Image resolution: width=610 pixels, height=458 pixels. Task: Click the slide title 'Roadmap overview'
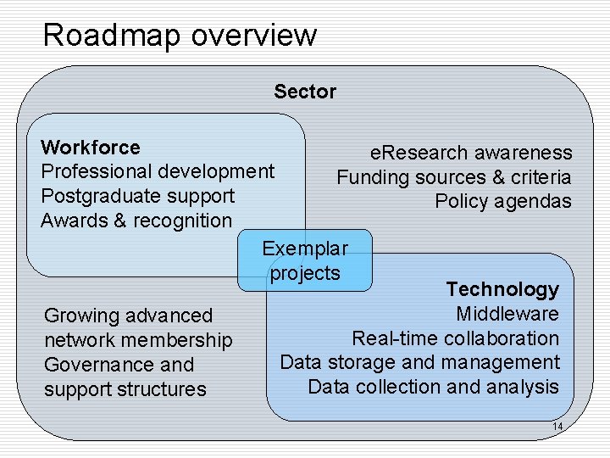click(x=180, y=36)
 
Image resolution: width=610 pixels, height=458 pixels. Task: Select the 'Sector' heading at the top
click(x=305, y=92)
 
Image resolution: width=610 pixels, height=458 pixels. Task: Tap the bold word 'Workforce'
click(x=91, y=148)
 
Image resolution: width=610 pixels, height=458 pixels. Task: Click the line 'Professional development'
click(x=158, y=171)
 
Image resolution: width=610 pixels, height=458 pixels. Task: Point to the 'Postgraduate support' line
click(x=137, y=196)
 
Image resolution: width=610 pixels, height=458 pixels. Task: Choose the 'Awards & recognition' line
click(x=136, y=221)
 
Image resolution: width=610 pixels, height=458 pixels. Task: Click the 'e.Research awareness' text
click(x=471, y=153)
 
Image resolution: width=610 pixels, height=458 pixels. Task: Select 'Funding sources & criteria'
click(x=454, y=177)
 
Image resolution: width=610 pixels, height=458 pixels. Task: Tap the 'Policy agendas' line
click(x=503, y=202)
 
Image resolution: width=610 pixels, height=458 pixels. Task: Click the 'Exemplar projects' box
click(x=305, y=260)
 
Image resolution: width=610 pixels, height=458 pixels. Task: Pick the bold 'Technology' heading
click(x=502, y=289)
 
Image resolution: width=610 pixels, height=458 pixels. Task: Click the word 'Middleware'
click(x=507, y=314)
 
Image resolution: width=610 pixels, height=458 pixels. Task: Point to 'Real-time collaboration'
click(x=455, y=338)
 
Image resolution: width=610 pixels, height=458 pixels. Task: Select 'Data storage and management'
click(x=419, y=362)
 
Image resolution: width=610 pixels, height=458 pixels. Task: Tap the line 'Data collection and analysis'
click(x=433, y=387)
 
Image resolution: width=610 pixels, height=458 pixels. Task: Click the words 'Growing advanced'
click(x=128, y=316)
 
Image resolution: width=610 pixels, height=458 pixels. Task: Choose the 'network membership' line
click(x=137, y=340)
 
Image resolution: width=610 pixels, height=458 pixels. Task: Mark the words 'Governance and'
click(x=119, y=365)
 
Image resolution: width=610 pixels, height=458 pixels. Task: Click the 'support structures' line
click(x=125, y=389)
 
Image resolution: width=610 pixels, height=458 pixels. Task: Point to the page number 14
click(x=557, y=426)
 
